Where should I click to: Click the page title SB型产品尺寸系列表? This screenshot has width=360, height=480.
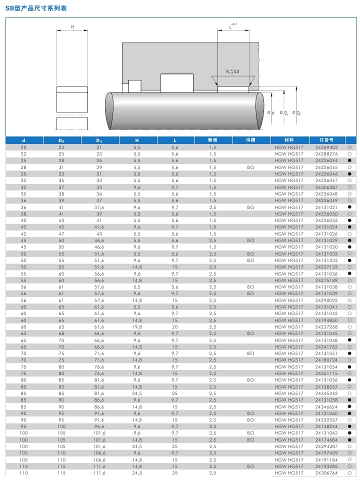[x=36, y=9]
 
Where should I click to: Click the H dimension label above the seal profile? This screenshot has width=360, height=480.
[x=72, y=26]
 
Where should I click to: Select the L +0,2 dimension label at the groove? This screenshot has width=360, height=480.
[x=232, y=25]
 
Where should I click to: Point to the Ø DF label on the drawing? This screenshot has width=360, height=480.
[x=296, y=113]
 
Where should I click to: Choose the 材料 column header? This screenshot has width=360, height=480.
[x=289, y=140]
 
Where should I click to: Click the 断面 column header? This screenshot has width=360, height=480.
[x=213, y=140]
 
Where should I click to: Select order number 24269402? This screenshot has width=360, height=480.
[x=326, y=147]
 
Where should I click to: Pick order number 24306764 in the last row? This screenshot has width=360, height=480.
[x=326, y=472]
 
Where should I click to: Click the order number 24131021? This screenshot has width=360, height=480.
[x=326, y=207]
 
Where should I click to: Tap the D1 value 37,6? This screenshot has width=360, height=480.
[x=99, y=207]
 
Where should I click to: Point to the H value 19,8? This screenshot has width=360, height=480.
[x=137, y=326]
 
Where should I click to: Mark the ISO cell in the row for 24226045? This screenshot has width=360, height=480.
[x=251, y=167]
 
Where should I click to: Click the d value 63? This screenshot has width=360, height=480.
[x=23, y=333]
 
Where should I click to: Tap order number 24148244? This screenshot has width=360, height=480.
[x=326, y=426]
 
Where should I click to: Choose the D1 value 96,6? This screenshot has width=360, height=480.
[x=99, y=426]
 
